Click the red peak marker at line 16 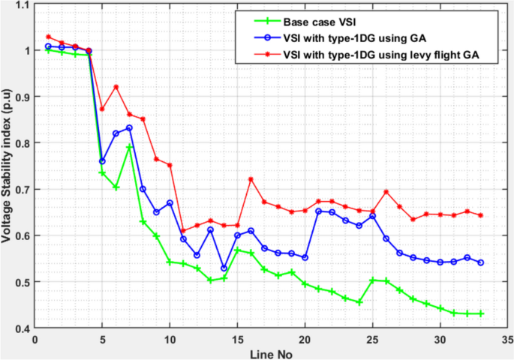click(x=251, y=179)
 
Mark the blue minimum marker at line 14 click(x=224, y=268)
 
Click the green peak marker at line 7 click(x=129, y=148)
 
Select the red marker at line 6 click(x=116, y=87)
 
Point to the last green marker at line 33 click(x=480, y=313)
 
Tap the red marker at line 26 click(x=386, y=192)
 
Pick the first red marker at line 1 click(x=48, y=37)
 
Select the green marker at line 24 click(x=359, y=302)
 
